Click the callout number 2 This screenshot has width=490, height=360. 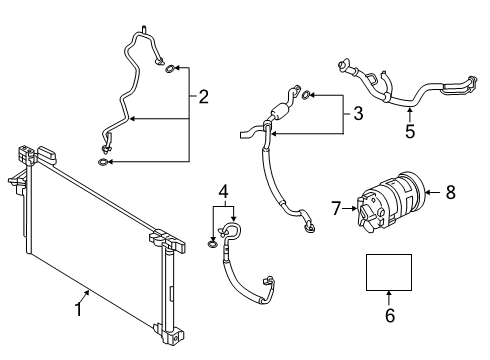click(x=203, y=97)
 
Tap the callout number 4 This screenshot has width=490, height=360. click(x=224, y=189)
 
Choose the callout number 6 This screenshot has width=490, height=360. click(x=390, y=316)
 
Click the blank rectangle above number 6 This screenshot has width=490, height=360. click(x=388, y=270)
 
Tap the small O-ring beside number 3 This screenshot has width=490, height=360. click(x=306, y=96)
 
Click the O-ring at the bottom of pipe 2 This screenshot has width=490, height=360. click(x=106, y=160)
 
